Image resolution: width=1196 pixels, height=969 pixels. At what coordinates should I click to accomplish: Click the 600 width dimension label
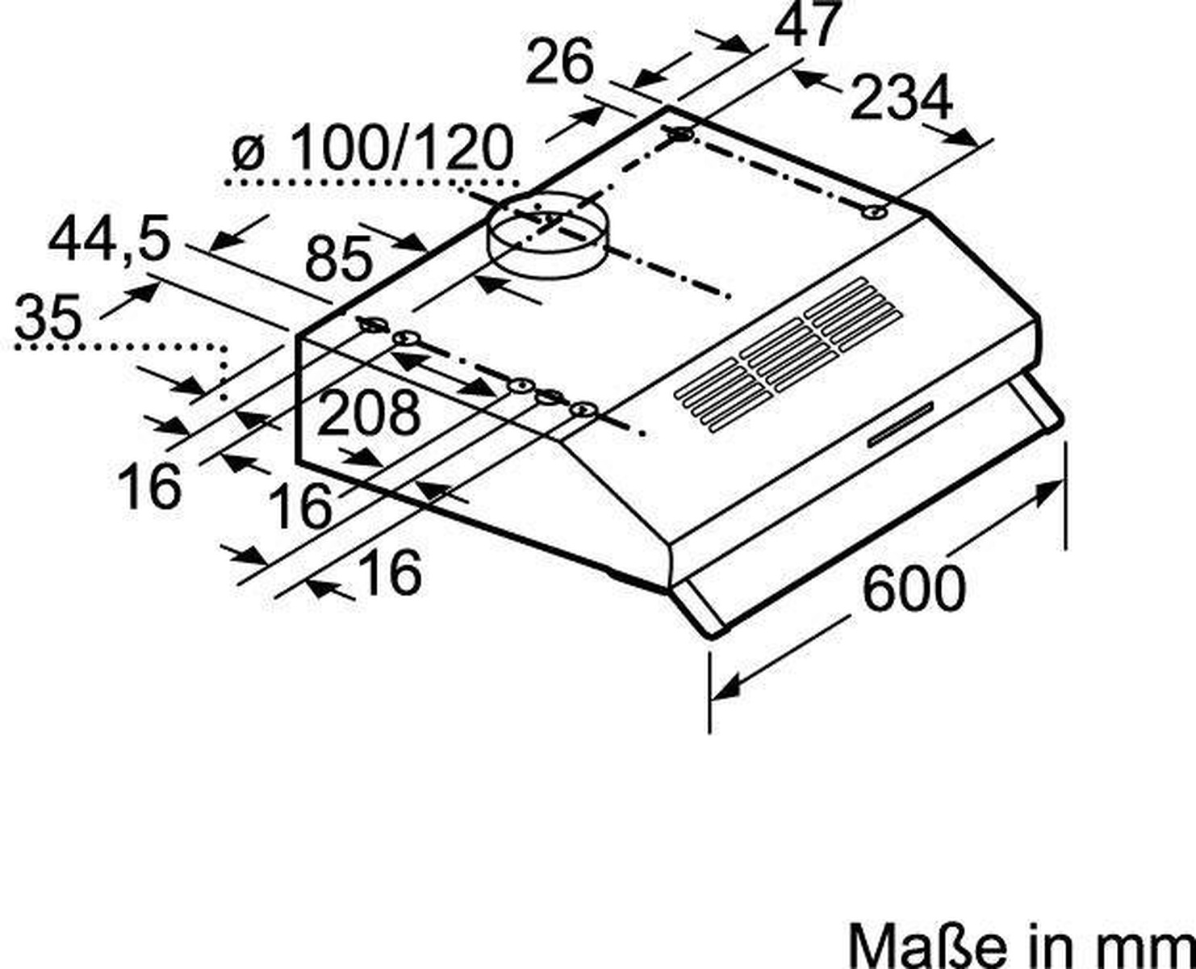(x=914, y=588)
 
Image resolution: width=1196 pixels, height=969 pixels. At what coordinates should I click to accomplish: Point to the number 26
(x=559, y=62)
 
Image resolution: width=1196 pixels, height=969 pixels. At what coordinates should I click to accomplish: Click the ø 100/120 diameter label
(x=372, y=148)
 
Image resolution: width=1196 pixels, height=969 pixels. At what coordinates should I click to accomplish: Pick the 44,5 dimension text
(x=109, y=239)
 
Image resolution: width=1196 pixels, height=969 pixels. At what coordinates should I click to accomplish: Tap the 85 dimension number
(x=339, y=259)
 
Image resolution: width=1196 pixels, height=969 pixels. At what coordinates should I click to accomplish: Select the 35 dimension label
(x=48, y=317)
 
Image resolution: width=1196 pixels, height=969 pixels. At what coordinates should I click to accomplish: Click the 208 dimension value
(x=368, y=413)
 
